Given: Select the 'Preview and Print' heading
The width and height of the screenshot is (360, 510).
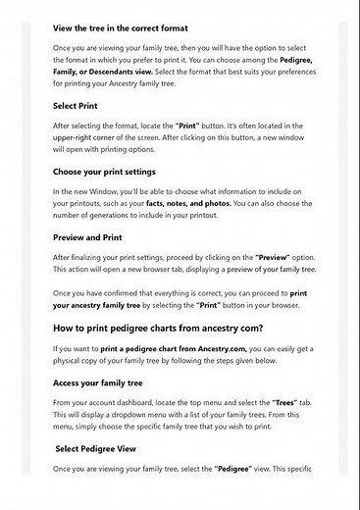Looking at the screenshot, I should tap(88, 236).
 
